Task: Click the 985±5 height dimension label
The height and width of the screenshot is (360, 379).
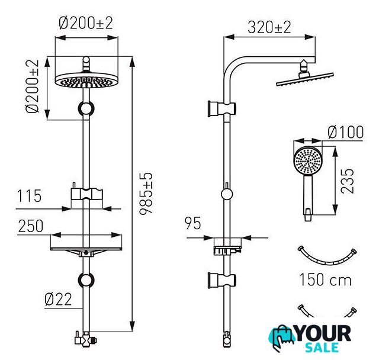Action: click(146, 193)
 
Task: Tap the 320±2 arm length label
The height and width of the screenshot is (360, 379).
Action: click(269, 27)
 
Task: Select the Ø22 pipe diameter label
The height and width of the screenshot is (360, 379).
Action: click(58, 299)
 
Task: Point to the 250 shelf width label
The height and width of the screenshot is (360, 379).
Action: click(31, 226)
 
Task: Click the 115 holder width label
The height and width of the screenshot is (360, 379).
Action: click(29, 196)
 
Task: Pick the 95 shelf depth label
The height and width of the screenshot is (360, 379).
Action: click(192, 223)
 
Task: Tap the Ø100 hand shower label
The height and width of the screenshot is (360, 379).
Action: click(346, 132)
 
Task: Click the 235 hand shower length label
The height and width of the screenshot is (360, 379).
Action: click(347, 181)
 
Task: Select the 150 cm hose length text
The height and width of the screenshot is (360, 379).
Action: click(325, 279)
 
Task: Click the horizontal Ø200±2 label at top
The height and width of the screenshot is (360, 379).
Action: click(86, 23)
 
